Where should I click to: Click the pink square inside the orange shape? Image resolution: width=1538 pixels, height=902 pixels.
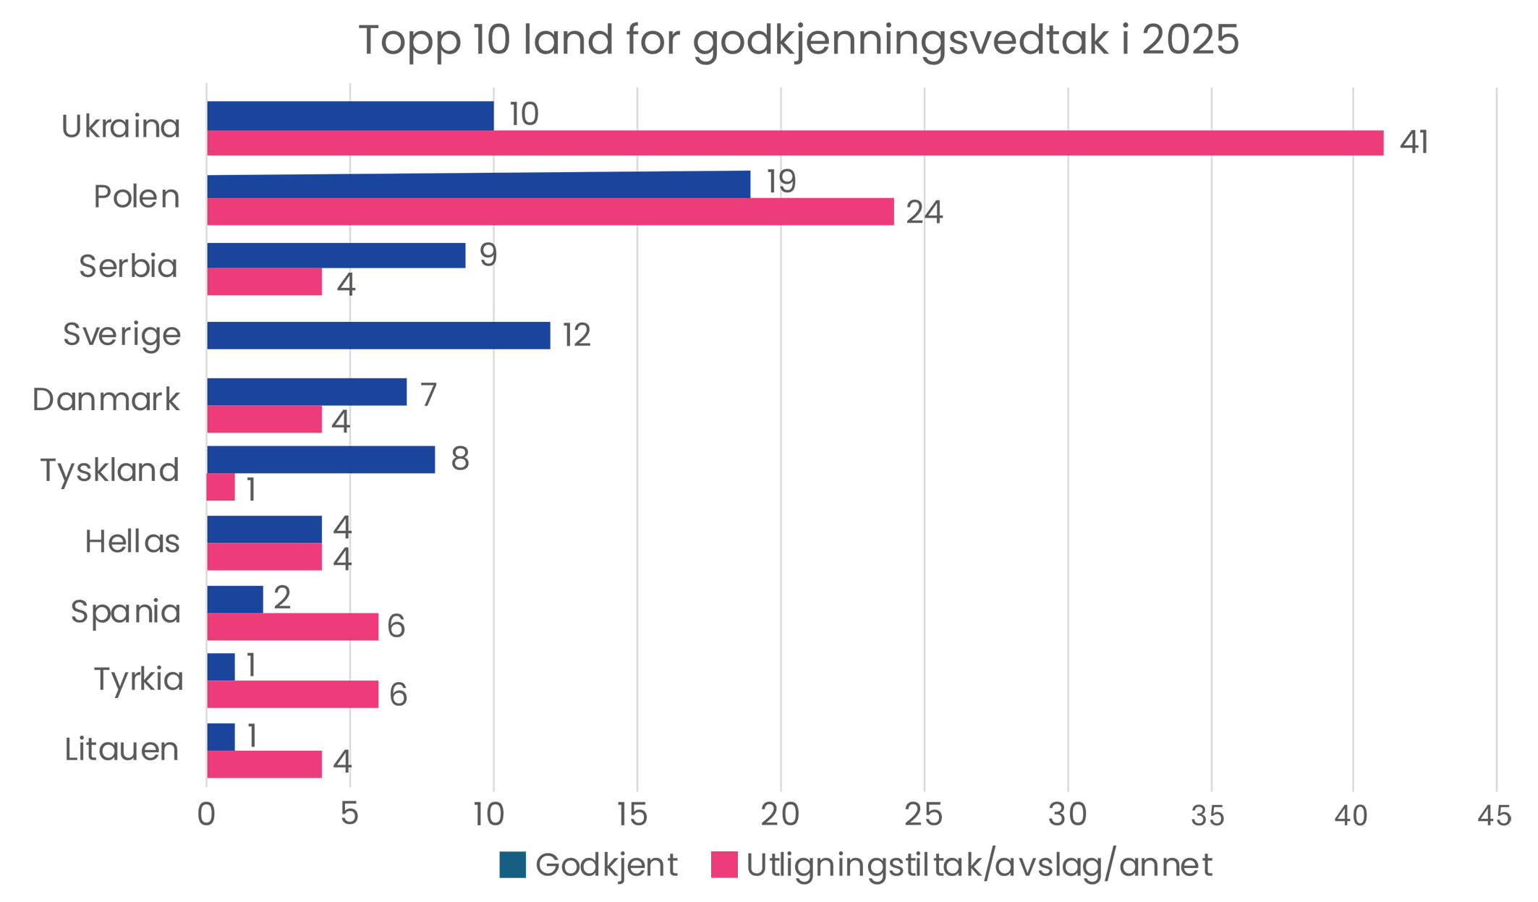click(x=723, y=864)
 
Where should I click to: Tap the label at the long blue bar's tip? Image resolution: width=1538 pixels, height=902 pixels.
click(x=785, y=179)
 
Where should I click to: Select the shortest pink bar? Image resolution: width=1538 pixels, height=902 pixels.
click(x=224, y=490)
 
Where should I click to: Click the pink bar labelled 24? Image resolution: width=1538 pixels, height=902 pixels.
click(x=506, y=216)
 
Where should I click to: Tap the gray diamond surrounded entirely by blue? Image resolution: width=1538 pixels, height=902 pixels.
click(x=350, y=364)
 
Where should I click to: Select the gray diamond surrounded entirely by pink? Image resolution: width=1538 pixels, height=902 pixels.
click(x=350, y=660)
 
